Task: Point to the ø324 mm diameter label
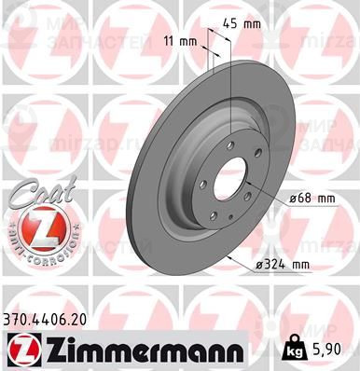tap(282, 266)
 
